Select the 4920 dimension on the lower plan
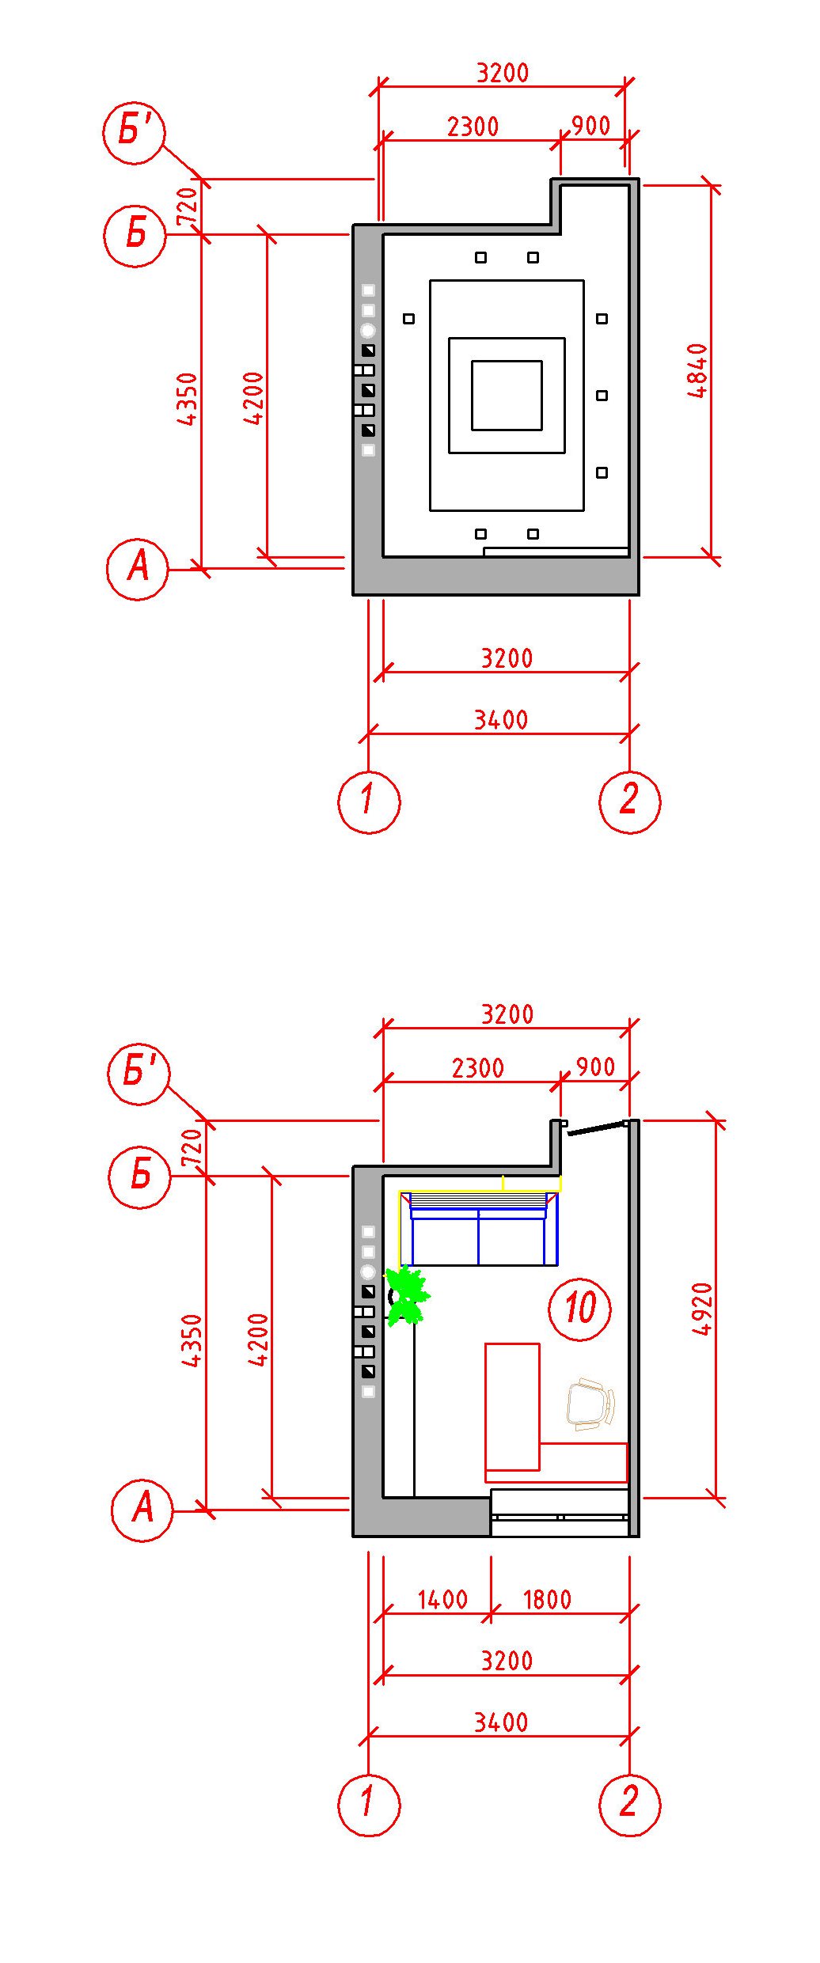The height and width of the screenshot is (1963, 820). click(x=702, y=1309)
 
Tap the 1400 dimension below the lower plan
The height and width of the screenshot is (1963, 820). click(x=442, y=1599)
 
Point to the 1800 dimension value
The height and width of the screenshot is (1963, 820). click(x=547, y=1599)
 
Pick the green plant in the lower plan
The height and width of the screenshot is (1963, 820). click(x=407, y=1295)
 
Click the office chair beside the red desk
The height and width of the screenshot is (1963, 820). click(x=590, y=1404)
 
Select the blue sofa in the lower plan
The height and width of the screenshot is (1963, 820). click(x=478, y=1229)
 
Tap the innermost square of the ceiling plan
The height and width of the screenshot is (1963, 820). click(x=507, y=396)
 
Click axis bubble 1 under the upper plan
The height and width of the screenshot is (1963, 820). click(x=369, y=801)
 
